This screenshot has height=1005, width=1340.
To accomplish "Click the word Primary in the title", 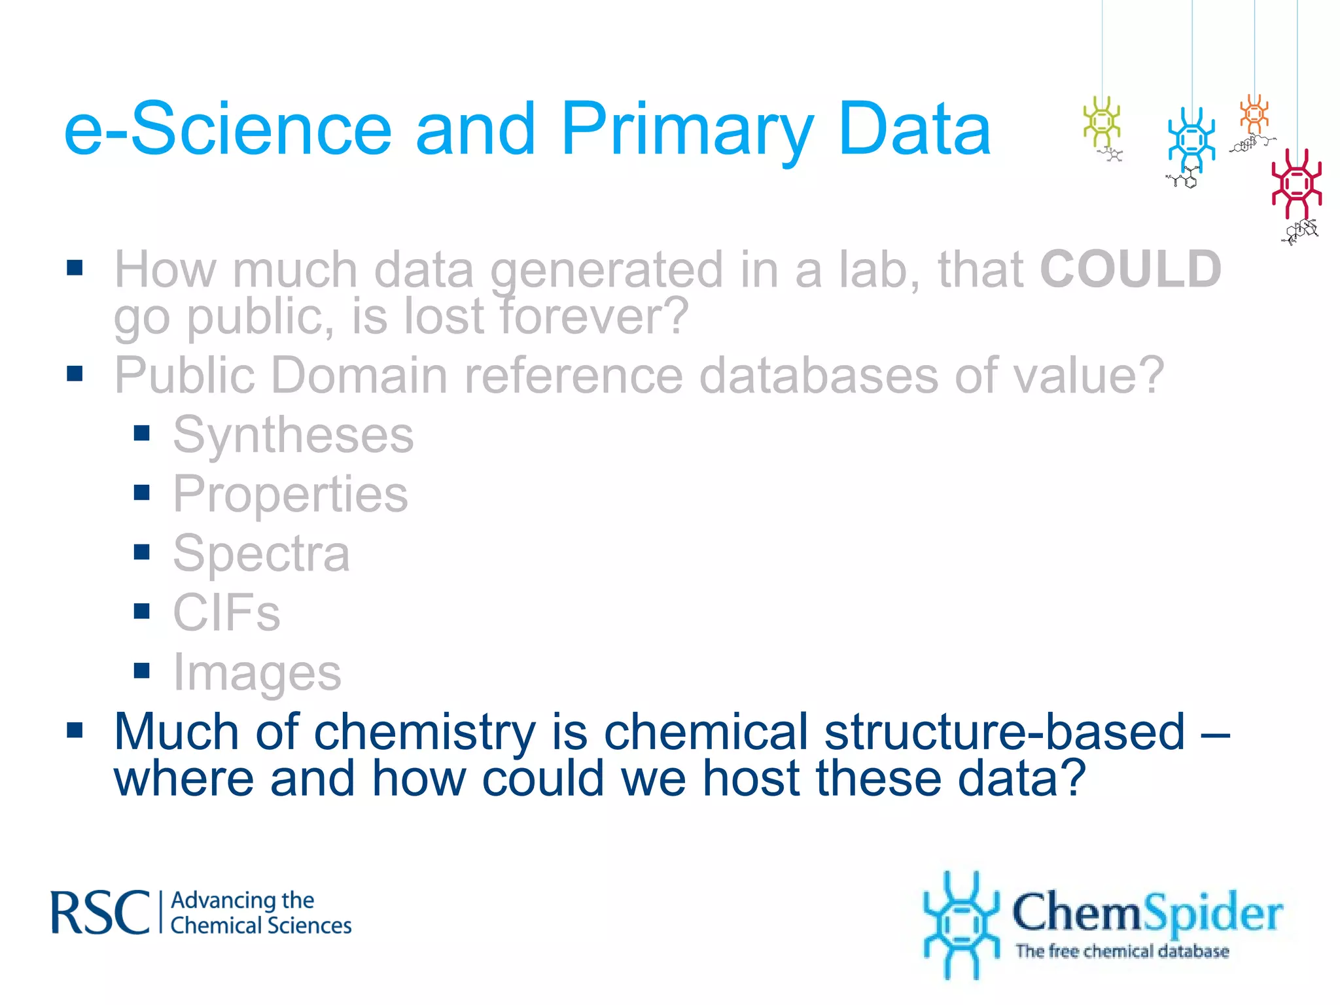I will pyautogui.click(x=687, y=131).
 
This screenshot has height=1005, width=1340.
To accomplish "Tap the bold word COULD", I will pyautogui.click(x=1130, y=270).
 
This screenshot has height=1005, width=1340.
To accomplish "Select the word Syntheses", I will pyautogui.click(x=293, y=435).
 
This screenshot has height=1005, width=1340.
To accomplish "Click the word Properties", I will pyautogui.click(x=290, y=495).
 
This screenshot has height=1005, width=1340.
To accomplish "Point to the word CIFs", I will pyautogui.click(x=226, y=613).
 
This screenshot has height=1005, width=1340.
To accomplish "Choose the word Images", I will pyautogui.click(x=256, y=673).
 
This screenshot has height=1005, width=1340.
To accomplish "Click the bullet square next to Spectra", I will pyautogui.click(x=142, y=552).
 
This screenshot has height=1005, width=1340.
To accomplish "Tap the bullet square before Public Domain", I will pyautogui.click(x=75, y=374).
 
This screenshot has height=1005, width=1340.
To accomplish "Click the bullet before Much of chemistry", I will pyautogui.click(x=75, y=730).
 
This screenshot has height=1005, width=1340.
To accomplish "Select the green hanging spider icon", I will pyautogui.click(x=1102, y=122).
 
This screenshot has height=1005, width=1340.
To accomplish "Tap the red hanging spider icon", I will pyautogui.click(x=1296, y=183).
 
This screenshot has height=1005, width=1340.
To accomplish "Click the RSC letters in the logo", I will pyautogui.click(x=100, y=913).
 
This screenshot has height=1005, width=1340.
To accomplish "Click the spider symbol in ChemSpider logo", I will pyautogui.click(x=961, y=925).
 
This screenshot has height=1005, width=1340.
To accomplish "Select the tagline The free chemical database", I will pyautogui.click(x=1121, y=951).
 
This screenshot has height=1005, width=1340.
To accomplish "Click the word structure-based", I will pyautogui.click(x=1004, y=732).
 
